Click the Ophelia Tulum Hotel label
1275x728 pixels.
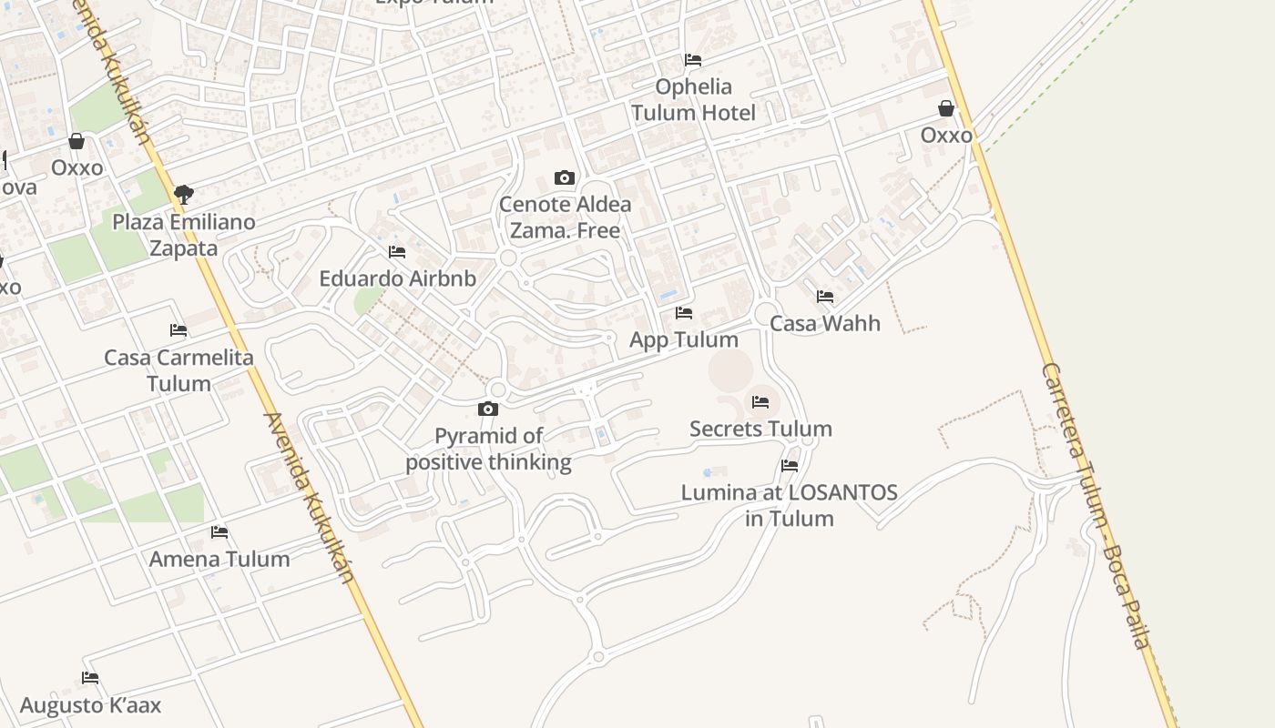[x=693, y=99]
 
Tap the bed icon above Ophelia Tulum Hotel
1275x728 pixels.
[x=693, y=60]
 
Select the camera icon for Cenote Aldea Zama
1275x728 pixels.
[x=565, y=178]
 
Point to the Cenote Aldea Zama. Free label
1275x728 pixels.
[x=565, y=217]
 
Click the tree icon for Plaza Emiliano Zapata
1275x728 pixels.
[x=183, y=194]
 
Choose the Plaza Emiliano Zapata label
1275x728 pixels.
[x=183, y=235]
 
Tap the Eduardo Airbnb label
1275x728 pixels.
[x=397, y=278]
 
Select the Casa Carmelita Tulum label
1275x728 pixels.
[x=178, y=369]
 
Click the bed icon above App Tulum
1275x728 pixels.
[x=684, y=313]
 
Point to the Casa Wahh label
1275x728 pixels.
[x=825, y=323]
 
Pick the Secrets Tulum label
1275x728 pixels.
[x=760, y=429]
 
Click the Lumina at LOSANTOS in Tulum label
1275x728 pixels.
[x=790, y=505]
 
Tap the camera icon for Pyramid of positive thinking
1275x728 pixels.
[x=488, y=409]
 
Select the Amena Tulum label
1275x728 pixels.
[x=219, y=559]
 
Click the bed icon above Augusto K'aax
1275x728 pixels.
[x=90, y=678]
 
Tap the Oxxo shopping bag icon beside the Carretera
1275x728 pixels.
[x=946, y=109]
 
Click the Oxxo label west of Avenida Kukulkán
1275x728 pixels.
[x=76, y=167]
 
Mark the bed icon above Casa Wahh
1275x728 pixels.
[x=825, y=297]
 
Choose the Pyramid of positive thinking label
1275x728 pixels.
[x=488, y=449]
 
